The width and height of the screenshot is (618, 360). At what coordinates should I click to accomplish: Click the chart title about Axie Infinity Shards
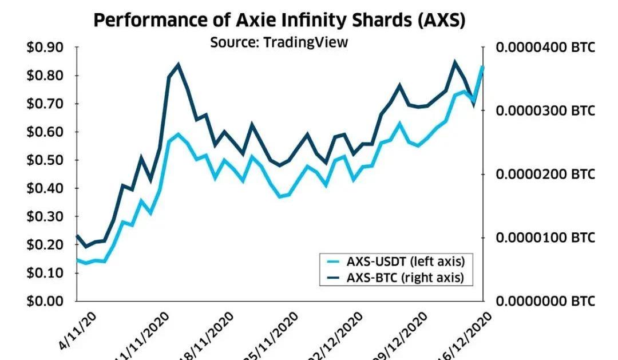coord(279,21)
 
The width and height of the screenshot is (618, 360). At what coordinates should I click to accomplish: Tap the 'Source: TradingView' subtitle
coord(279,42)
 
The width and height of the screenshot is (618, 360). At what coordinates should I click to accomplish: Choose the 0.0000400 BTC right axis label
coord(545,48)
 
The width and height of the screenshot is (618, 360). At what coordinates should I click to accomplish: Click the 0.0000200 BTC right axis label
coord(545,174)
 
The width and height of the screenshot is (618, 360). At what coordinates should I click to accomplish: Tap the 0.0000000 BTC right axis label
coord(545,301)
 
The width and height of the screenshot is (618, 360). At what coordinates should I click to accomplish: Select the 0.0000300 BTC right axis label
coord(545,110)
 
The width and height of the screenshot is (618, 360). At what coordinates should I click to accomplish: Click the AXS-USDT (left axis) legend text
coord(405,262)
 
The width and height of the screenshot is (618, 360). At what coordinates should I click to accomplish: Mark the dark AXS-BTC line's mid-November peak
coord(179,65)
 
